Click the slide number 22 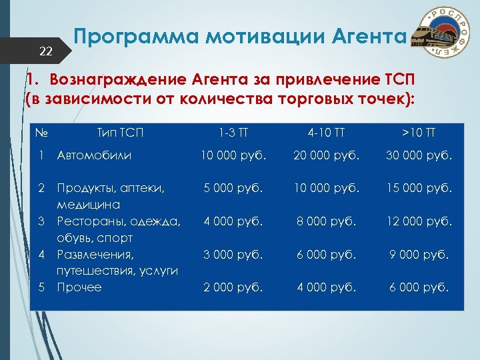(46, 51)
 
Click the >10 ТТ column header (418, 132)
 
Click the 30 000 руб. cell (418, 156)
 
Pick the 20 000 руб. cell (335, 156)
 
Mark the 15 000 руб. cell (418, 189)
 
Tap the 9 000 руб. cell (418, 254)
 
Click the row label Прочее (79, 287)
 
